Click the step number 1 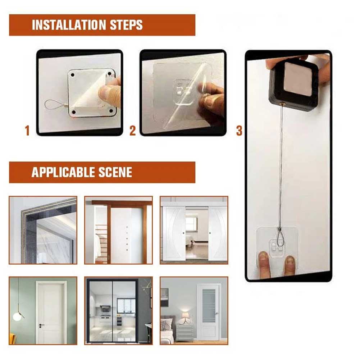click(27, 131)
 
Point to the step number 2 click(133, 131)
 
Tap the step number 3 click(239, 131)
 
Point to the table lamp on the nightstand click(186, 317)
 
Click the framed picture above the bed click(164, 297)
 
